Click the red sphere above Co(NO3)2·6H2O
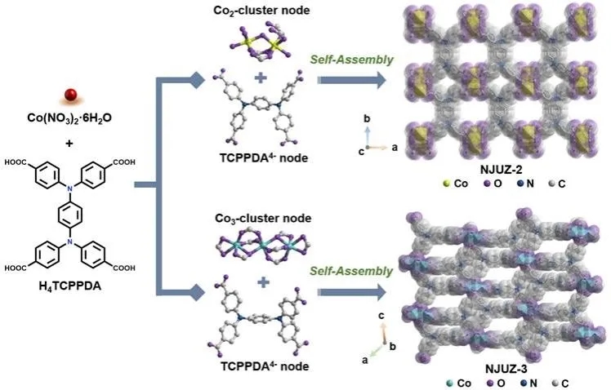click(x=71, y=95)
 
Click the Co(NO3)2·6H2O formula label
click(x=69, y=117)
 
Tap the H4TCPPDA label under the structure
click(x=70, y=287)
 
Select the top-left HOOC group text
click(x=16, y=162)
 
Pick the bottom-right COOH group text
click(x=124, y=268)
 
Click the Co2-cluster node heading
click(x=261, y=10)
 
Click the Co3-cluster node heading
click(x=263, y=219)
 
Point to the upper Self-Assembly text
click(x=351, y=60)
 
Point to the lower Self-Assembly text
click(x=351, y=272)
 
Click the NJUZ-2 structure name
click(x=502, y=170)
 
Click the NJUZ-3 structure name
click(x=506, y=368)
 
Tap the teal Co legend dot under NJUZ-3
click(x=450, y=383)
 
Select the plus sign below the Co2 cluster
click(x=261, y=78)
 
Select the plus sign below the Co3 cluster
click(x=263, y=281)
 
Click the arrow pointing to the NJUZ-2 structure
click(x=352, y=80)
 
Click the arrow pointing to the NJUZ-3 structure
click(x=352, y=292)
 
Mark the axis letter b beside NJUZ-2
click(x=367, y=118)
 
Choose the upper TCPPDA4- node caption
click(x=264, y=157)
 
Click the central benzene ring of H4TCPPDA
click(x=70, y=214)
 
